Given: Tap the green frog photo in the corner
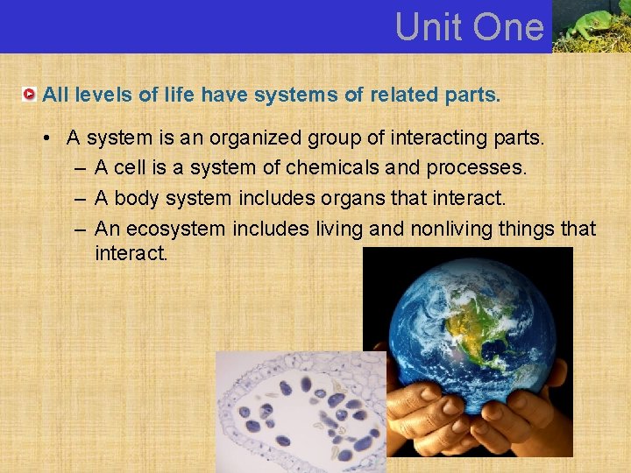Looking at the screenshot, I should click(x=592, y=26).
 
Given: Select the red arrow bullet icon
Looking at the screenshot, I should click(x=30, y=94).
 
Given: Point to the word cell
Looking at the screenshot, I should click(x=131, y=167).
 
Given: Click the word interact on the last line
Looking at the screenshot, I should click(x=131, y=255).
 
